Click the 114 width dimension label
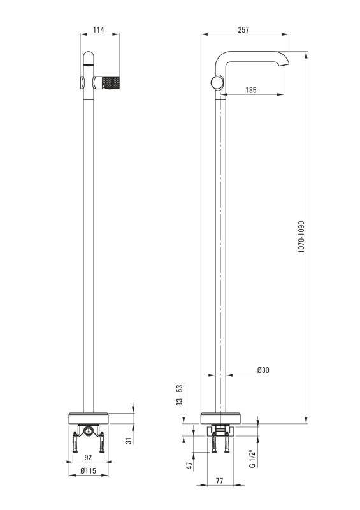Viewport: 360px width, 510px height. tap(99, 30)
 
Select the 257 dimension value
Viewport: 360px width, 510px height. tap(243, 30)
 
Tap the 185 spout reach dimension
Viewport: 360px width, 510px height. tap(251, 90)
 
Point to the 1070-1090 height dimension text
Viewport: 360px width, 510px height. tap(301, 237)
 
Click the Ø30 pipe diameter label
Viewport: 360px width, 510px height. tap(263, 370)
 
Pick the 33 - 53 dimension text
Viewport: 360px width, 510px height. tap(180, 395)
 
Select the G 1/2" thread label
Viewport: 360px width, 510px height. tap(252, 459)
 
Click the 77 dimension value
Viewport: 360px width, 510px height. tap(220, 481)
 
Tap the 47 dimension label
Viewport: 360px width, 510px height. tap(190, 466)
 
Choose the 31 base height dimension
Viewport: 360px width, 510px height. tap(129, 441)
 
